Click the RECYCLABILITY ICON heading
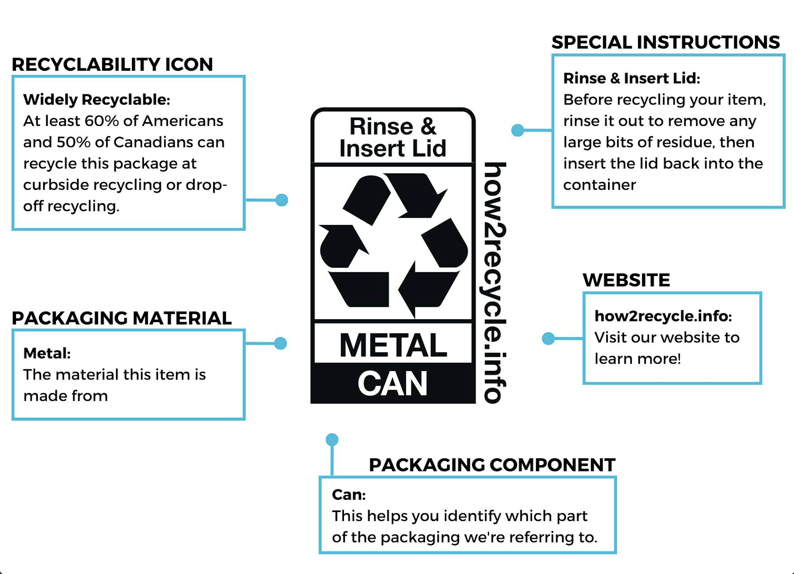pos(112,64)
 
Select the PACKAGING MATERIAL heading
pos(121,318)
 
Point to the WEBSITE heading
pos(626,280)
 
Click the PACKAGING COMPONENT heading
pos(492,465)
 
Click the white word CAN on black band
pos(393,384)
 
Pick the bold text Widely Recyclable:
pos(97,100)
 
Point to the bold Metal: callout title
pos(47,353)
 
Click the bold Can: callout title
pos(349,495)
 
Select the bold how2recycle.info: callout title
pos(663,316)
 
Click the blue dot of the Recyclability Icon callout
pos(282,200)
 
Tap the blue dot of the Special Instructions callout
pos(518,130)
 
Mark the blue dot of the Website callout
pos(548,338)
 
